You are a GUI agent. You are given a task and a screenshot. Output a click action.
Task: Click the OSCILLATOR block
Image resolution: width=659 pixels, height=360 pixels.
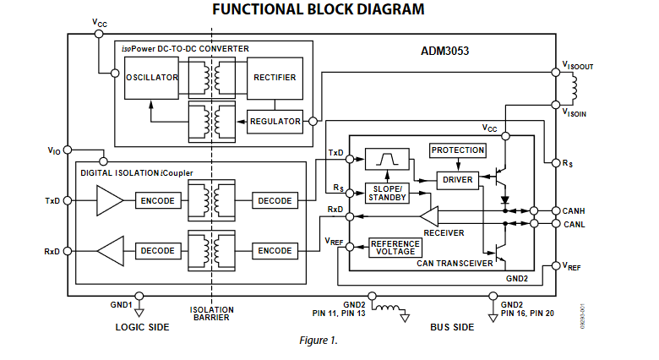pyautogui.click(x=151, y=78)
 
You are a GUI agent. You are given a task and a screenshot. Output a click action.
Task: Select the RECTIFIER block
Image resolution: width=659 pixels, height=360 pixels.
pyautogui.click(x=275, y=78)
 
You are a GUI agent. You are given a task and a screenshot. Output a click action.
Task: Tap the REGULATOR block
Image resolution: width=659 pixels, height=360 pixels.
pyautogui.click(x=275, y=122)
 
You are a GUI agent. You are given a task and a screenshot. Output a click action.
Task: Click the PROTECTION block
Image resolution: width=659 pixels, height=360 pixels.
pyautogui.click(x=458, y=150)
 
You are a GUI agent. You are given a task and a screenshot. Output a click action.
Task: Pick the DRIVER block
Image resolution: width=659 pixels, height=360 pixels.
pyautogui.click(x=457, y=178)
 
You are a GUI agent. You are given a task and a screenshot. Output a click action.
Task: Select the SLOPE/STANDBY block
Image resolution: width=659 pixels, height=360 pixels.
pyautogui.click(x=387, y=192)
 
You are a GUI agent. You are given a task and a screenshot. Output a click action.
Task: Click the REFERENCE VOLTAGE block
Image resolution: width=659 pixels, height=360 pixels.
pyautogui.click(x=395, y=248)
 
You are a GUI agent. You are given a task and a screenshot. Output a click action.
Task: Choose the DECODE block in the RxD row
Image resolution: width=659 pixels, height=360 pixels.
pyautogui.click(x=157, y=251)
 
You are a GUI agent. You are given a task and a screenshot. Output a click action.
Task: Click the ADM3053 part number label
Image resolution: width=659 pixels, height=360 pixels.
pyautogui.click(x=444, y=51)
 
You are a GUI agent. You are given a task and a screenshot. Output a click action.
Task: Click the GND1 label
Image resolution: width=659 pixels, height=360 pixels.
pyautogui.click(x=120, y=304)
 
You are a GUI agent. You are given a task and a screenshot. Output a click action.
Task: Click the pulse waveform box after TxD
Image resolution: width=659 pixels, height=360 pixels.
pyautogui.click(x=387, y=160)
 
